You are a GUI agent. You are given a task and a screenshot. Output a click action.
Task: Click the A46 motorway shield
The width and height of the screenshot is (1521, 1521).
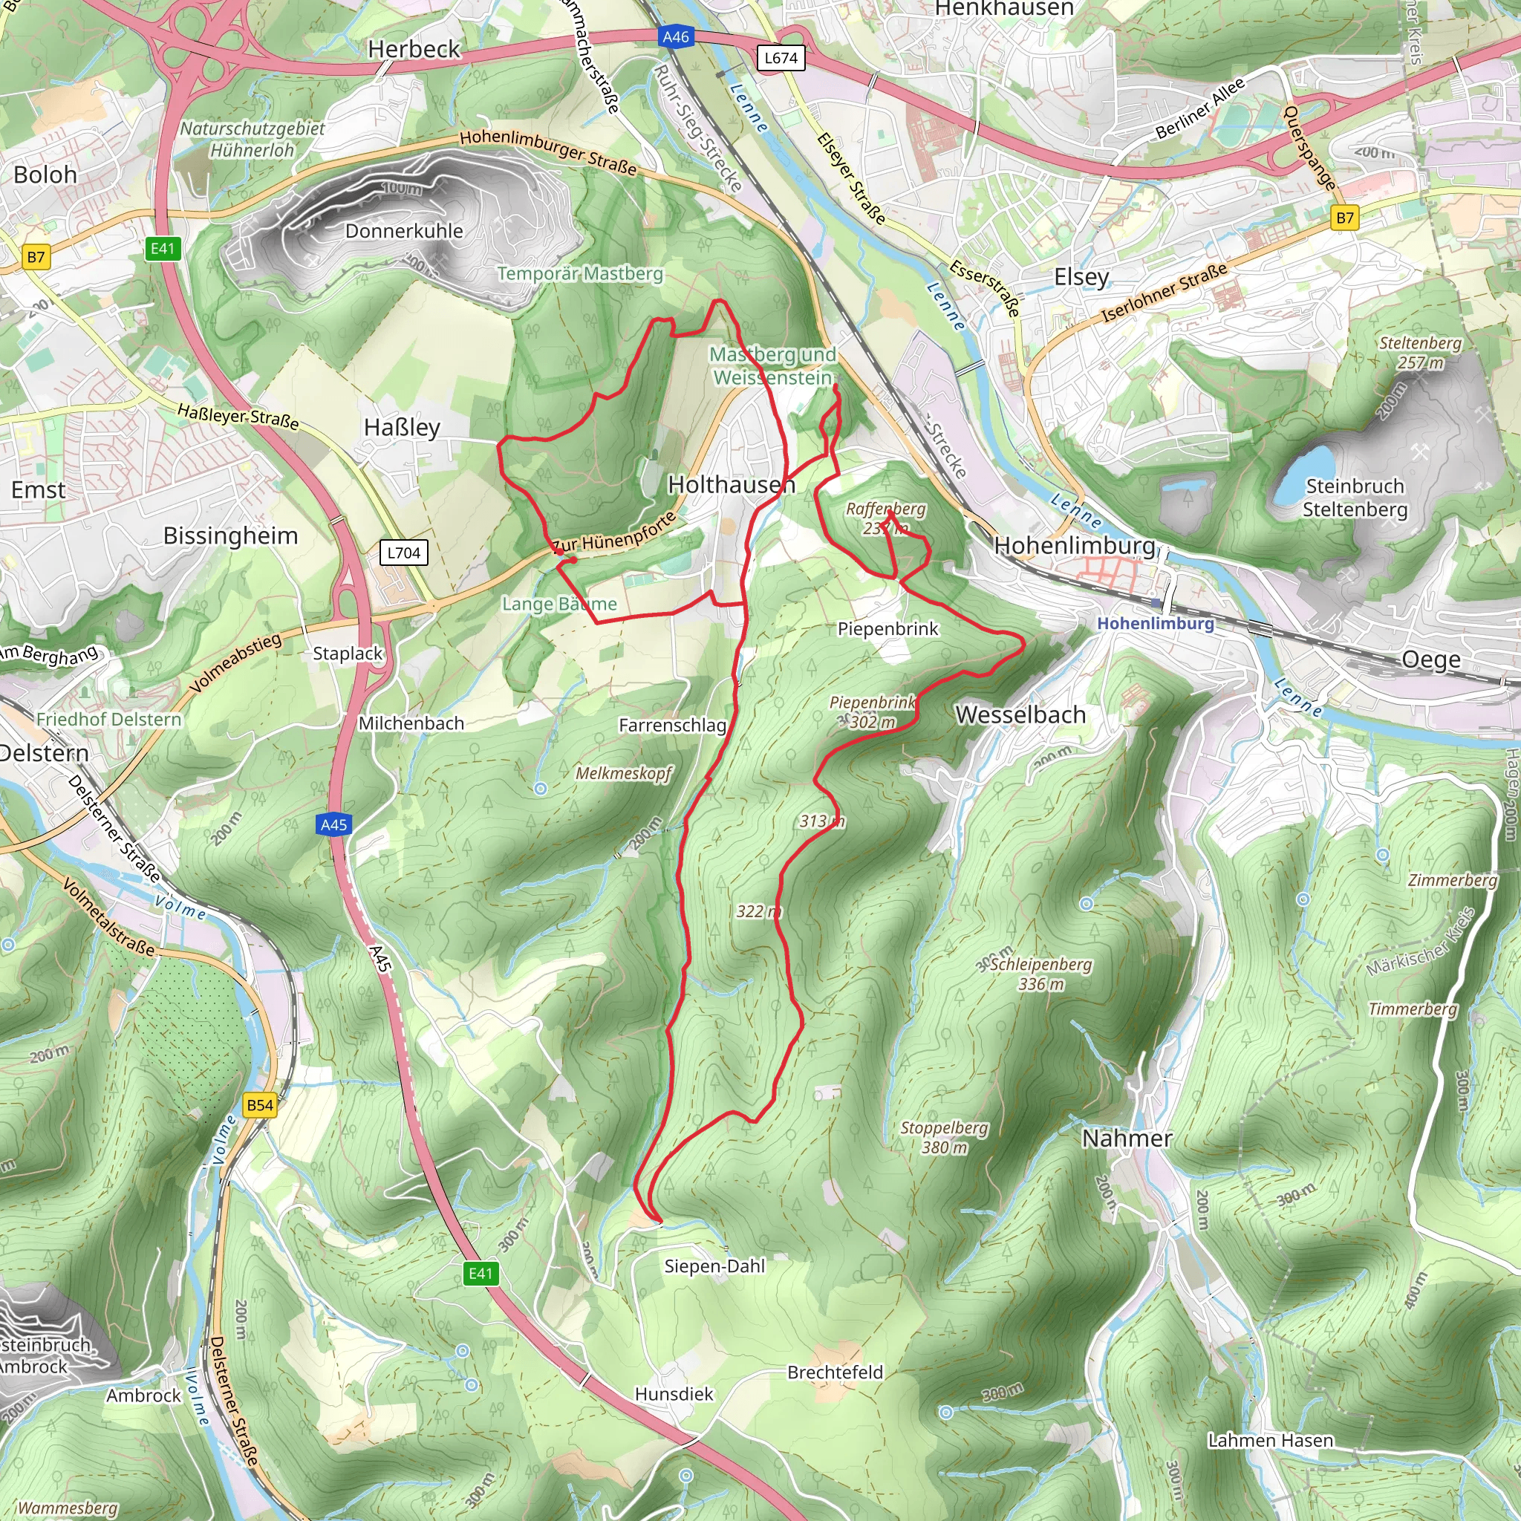click(x=676, y=37)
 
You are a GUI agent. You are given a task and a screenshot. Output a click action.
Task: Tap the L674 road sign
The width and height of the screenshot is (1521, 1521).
click(x=781, y=58)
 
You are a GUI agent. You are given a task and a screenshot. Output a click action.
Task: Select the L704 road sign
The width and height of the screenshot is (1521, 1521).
click(x=404, y=553)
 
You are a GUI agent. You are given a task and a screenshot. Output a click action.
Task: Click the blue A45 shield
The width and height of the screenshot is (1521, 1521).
click(x=333, y=825)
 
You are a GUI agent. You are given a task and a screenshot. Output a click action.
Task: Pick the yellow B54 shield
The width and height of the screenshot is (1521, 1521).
click(x=260, y=1105)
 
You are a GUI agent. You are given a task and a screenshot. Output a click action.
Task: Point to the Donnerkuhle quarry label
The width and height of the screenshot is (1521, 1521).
click(x=404, y=231)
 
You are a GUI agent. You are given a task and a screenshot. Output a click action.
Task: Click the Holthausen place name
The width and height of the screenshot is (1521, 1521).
click(x=732, y=484)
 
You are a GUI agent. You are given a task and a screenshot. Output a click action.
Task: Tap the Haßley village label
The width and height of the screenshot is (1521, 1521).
click(x=402, y=428)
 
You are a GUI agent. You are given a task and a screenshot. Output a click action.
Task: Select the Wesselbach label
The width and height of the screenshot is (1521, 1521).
click(x=1020, y=715)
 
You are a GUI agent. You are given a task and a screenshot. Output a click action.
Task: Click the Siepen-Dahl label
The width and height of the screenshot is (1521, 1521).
click(x=714, y=1266)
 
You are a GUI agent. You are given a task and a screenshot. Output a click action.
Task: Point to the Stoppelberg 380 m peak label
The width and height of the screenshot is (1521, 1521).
click(x=944, y=1138)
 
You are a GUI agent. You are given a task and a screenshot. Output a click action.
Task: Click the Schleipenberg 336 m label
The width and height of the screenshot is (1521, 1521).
click(x=1040, y=974)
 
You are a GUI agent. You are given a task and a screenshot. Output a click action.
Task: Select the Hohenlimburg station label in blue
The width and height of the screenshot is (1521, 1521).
click(x=1156, y=624)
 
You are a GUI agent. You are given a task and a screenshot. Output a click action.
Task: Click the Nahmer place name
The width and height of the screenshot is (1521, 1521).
click(x=1127, y=1139)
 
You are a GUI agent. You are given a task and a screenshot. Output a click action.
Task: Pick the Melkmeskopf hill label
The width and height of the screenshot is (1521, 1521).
click(x=624, y=773)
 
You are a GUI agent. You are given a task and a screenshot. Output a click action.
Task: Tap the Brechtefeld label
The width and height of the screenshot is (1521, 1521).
click(x=835, y=1372)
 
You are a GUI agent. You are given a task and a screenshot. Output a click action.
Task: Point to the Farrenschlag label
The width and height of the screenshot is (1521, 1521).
click(x=672, y=725)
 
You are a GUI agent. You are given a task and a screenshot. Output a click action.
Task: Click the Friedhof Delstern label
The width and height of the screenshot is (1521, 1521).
click(x=108, y=719)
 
